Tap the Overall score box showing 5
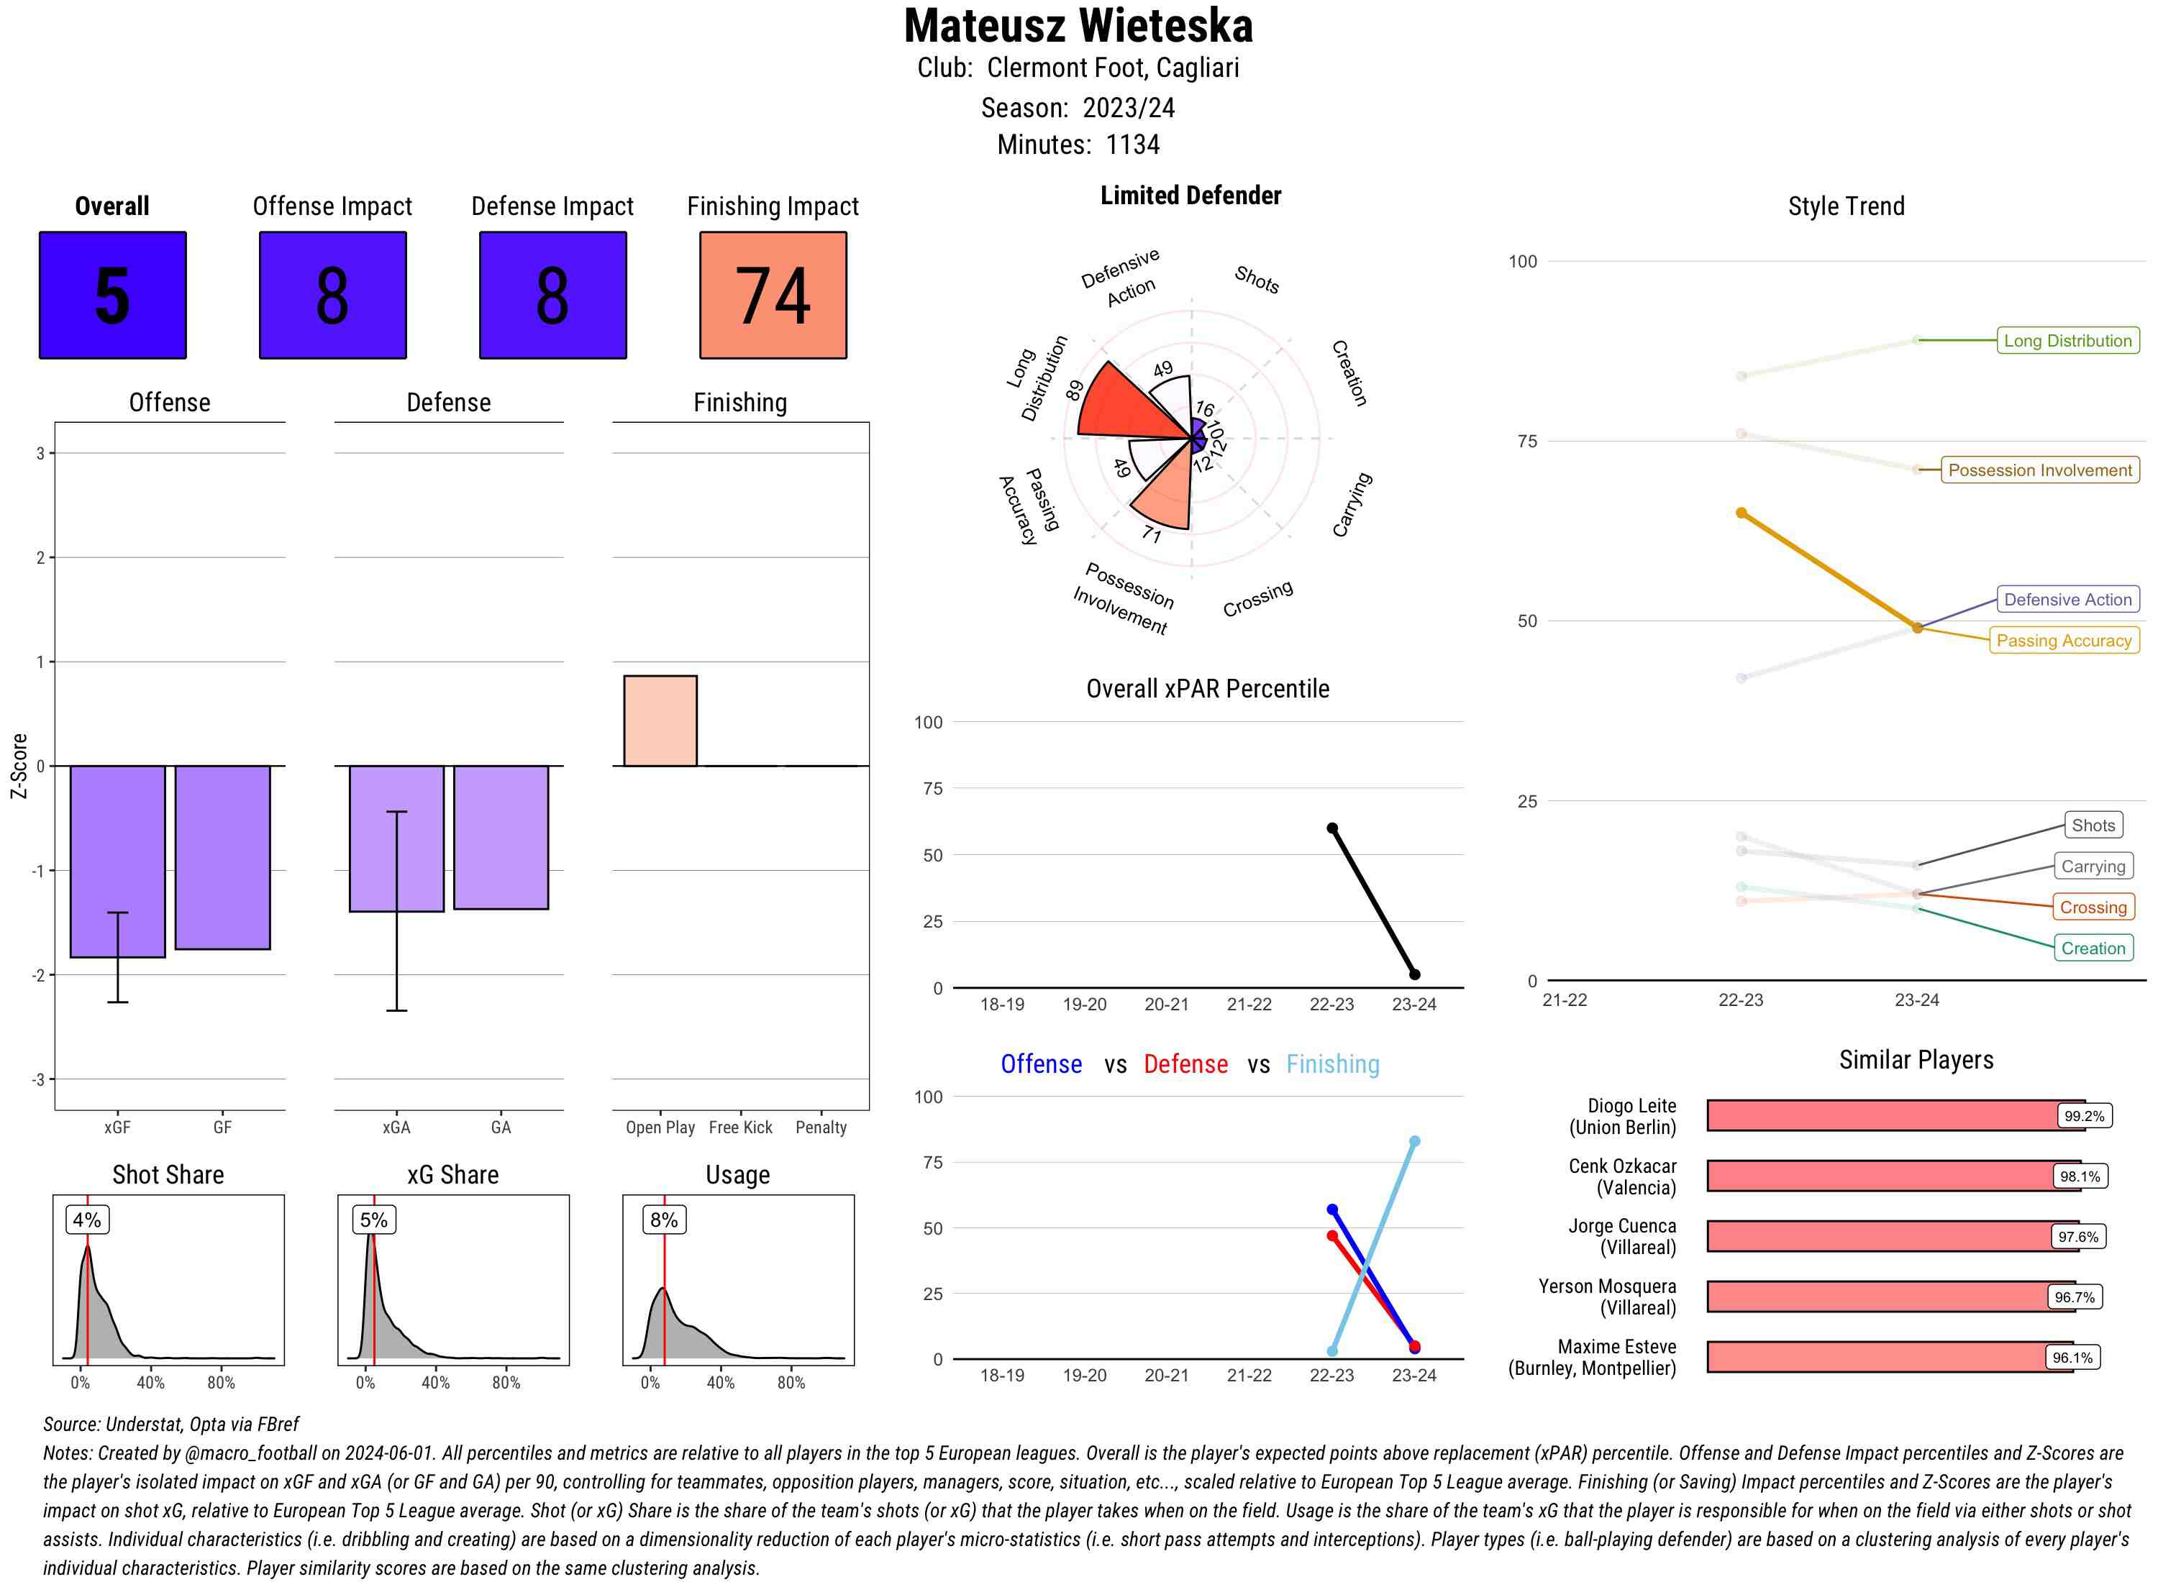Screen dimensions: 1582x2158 pyautogui.click(x=112, y=295)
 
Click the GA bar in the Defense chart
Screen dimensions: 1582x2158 pyautogui.click(x=501, y=837)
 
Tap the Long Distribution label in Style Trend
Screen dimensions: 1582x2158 pyautogui.click(x=2067, y=340)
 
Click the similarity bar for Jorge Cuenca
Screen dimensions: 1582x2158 pyautogui.click(x=1877, y=1236)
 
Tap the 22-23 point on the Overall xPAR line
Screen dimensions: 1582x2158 pyautogui.click(x=1331, y=828)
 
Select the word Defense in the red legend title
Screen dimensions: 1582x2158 pyautogui.click(x=1185, y=1064)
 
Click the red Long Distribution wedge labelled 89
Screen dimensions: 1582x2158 pyautogui.click(x=1121, y=402)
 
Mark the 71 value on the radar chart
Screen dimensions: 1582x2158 pyautogui.click(x=1152, y=534)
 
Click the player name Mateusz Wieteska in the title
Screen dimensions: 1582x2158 pyautogui.click(x=1078, y=26)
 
